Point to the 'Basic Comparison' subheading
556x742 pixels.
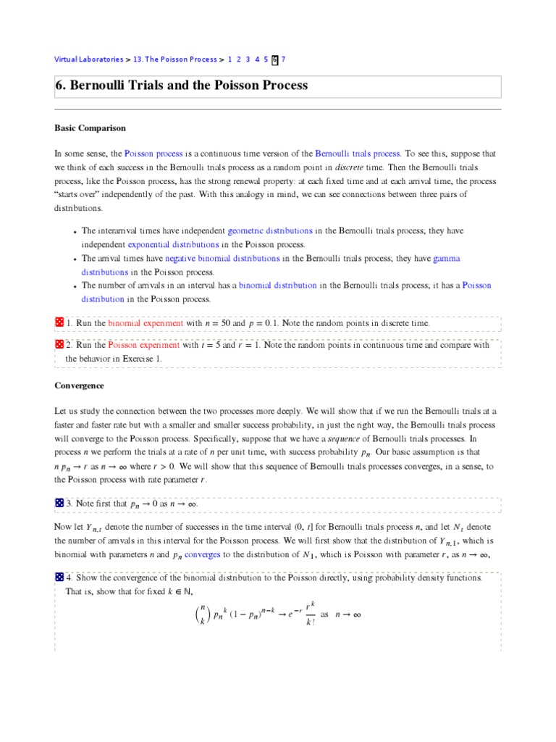(90, 128)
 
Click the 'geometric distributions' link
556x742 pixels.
(270, 230)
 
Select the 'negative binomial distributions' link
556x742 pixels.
(222, 258)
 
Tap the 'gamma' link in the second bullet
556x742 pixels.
(447, 258)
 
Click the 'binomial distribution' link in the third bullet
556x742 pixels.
(277, 285)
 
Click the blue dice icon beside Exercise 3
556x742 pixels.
(59, 503)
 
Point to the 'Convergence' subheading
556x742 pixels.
(80, 385)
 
